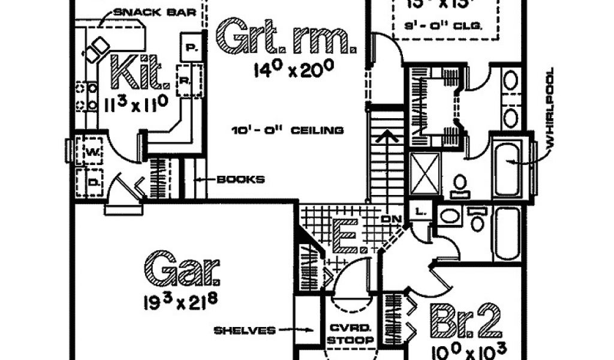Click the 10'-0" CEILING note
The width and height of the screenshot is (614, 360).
(x=288, y=130)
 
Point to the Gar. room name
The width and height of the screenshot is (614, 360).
(x=182, y=270)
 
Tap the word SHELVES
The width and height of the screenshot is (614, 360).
(x=244, y=330)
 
